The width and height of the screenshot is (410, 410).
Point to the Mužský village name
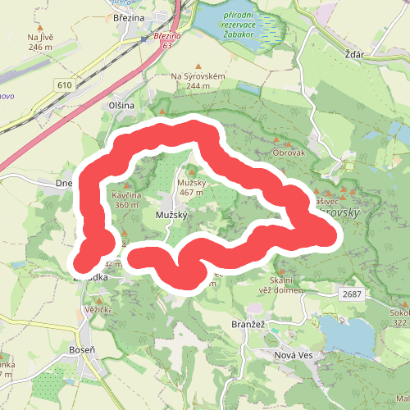(171, 215)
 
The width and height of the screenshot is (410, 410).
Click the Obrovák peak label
(289, 153)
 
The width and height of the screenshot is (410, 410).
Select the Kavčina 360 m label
(128, 200)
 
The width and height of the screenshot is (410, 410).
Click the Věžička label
(98, 310)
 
